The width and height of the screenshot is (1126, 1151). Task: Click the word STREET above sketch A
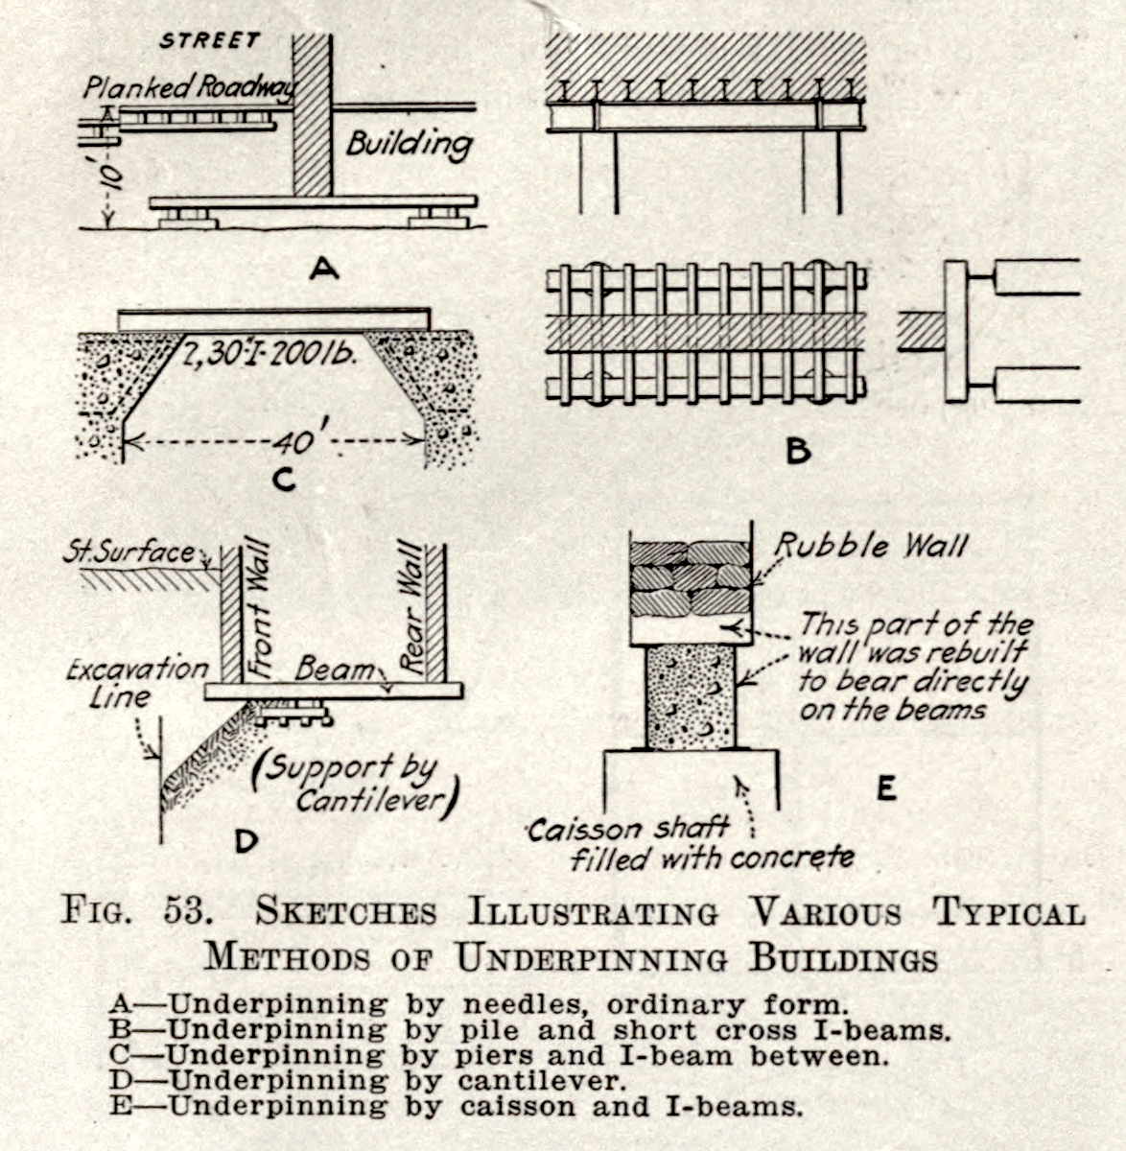coord(210,40)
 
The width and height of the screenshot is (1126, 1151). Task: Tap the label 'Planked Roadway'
coord(189,88)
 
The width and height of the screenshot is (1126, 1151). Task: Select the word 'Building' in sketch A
coord(410,144)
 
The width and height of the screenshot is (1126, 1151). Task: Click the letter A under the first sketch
coord(324,270)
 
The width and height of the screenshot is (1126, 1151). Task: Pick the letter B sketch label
coord(797,450)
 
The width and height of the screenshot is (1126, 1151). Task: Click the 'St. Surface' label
coord(130,553)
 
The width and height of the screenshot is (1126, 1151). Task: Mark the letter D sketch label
coord(246,841)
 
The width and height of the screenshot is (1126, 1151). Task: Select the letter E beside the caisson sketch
coord(885,788)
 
